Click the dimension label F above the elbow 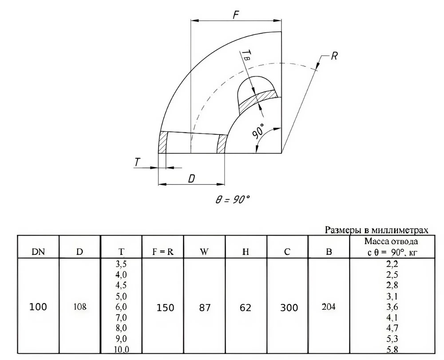(236, 15)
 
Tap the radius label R (334, 56)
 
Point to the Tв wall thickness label (246, 54)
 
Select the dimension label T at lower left (137, 162)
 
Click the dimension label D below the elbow (192, 179)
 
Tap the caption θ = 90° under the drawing (233, 199)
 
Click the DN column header (38, 252)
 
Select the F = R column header (163, 252)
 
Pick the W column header (204, 252)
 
